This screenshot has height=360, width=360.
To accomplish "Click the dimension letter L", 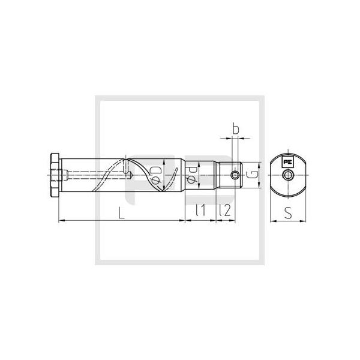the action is (121, 212).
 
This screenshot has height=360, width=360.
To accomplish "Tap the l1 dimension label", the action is (200, 211).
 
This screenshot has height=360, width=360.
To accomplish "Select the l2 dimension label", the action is (225, 211).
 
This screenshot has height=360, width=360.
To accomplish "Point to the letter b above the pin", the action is (236, 128).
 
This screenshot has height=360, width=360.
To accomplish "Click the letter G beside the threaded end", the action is (252, 175).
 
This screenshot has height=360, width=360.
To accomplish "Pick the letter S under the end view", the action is (288, 212).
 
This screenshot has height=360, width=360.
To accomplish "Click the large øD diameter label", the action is (156, 175).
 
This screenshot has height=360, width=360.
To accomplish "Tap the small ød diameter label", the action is (191, 175).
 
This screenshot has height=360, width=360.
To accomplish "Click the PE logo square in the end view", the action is (287, 161).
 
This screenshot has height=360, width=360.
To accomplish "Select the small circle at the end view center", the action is (287, 175).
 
